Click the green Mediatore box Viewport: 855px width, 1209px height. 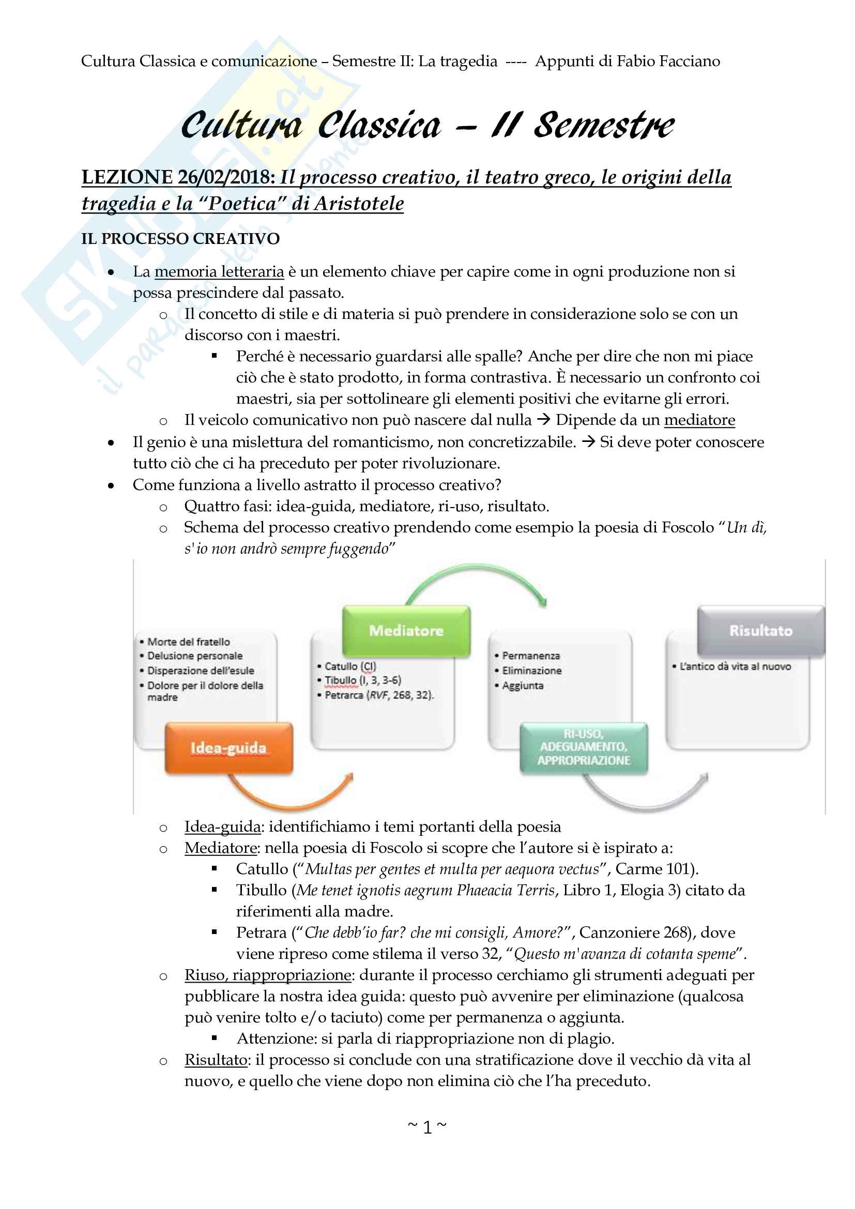pos(406,631)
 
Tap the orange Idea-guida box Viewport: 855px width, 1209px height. pos(228,748)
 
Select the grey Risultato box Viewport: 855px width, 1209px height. pos(760,631)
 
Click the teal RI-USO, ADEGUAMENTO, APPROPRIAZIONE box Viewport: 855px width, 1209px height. pos(583,747)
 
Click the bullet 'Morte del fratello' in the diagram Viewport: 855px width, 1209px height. pos(189,642)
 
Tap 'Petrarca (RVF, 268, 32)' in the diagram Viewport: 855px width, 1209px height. pos(378,695)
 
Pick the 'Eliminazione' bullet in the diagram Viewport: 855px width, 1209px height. pos(531,671)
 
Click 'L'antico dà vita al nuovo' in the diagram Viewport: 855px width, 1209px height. pos(735,667)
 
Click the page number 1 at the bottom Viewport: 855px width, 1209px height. pos(427,1127)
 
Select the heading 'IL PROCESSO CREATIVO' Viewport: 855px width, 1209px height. pos(180,239)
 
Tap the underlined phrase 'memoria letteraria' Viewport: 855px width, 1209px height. pos(219,272)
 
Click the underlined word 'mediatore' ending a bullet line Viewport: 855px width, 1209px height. pos(699,420)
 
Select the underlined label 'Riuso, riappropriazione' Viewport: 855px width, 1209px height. pos(267,975)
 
